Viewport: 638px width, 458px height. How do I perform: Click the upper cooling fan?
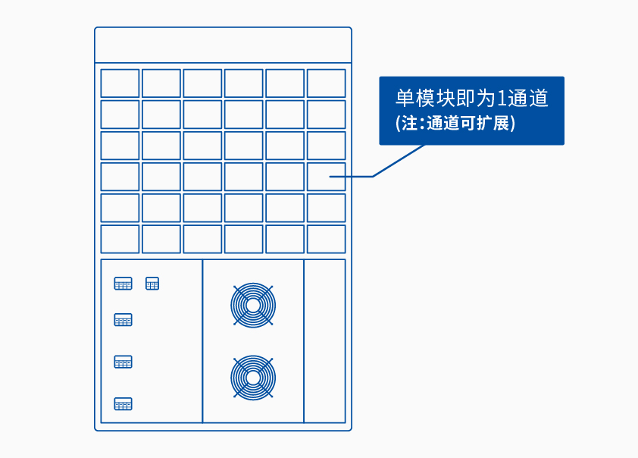(x=253, y=306)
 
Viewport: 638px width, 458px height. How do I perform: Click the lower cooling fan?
(x=253, y=377)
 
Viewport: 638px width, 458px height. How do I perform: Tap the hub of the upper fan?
(x=253, y=306)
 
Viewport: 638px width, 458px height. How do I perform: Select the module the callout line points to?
(x=326, y=177)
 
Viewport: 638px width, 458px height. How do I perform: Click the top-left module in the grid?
(x=120, y=83)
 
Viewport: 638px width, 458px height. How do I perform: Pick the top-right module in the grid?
(x=326, y=83)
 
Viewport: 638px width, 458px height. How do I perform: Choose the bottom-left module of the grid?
(x=120, y=239)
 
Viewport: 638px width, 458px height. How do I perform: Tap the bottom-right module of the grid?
(x=326, y=239)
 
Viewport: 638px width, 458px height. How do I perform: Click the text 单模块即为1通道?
(x=471, y=99)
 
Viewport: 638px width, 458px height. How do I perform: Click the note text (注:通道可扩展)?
(x=455, y=123)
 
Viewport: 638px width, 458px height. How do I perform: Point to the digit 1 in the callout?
(x=502, y=99)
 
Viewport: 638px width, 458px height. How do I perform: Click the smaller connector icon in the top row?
(x=152, y=284)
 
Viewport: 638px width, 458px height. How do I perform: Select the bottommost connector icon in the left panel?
(x=123, y=404)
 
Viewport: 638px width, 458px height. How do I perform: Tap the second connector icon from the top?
(x=123, y=320)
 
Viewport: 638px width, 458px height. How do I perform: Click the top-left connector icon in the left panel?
(x=123, y=284)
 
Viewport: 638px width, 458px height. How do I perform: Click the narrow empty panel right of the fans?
(x=324, y=341)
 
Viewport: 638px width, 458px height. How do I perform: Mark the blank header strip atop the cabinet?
(x=223, y=45)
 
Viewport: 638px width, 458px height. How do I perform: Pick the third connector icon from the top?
(x=123, y=362)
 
